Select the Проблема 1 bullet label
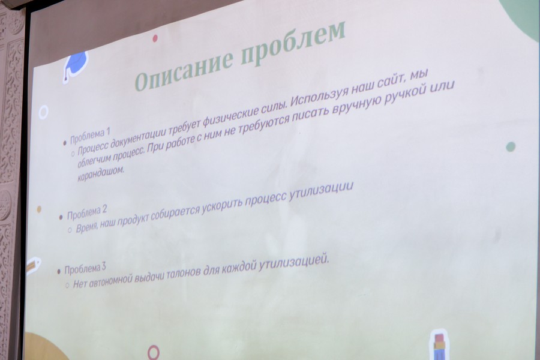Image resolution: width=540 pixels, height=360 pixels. (90, 136)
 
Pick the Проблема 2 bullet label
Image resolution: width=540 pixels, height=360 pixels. (87, 212)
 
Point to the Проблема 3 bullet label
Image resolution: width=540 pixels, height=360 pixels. (85, 269)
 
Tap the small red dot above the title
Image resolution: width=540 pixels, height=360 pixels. (155, 38)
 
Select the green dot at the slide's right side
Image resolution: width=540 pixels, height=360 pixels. (511, 147)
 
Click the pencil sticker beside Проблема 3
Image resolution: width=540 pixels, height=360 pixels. (34, 266)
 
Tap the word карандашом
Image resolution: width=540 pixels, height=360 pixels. (100, 174)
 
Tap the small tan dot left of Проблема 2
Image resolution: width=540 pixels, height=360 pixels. (39, 209)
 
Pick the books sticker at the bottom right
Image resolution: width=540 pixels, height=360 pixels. (439, 345)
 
